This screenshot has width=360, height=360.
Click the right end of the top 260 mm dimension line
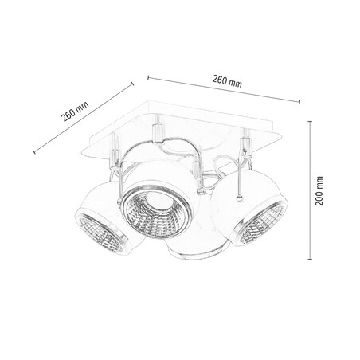pyautogui.click(x=300, y=100)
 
